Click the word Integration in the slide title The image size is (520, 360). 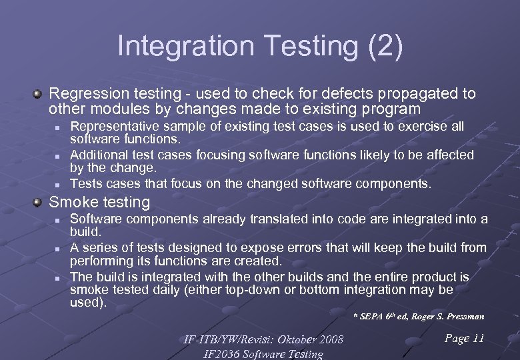pos(184,47)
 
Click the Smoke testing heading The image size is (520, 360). pos(100,202)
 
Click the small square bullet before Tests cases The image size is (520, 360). pos(58,184)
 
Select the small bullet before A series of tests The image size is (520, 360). pos(58,248)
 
